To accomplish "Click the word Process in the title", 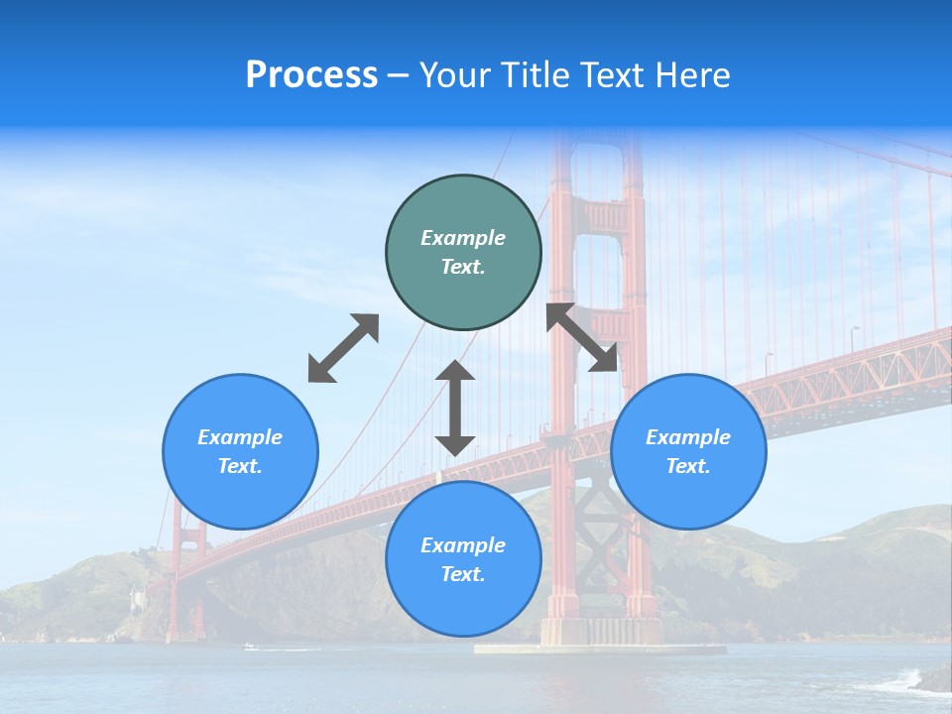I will (x=311, y=75).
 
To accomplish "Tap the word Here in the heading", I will (x=694, y=75).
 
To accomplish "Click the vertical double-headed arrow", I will (x=455, y=408).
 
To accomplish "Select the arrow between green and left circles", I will (x=343, y=348).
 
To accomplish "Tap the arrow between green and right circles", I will (x=582, y=337).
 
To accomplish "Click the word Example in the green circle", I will (x=463, y=238).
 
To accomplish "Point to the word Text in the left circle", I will (x=240, y=466).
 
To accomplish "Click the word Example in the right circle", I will (x=688, y=437).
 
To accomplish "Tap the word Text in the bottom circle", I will (x=463, y=574).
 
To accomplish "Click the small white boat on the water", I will (x=249, y=647).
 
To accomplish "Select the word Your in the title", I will (x=454, y=75).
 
